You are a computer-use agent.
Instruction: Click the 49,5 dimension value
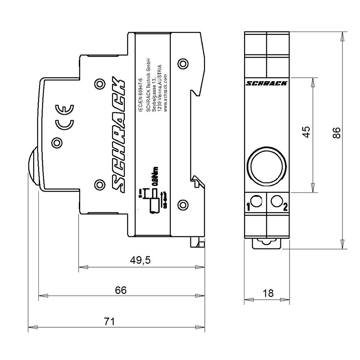140,260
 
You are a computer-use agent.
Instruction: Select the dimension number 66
120,290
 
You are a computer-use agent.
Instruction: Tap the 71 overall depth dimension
109,321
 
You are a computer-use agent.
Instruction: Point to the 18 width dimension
268,293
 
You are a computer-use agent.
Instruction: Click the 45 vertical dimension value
306,132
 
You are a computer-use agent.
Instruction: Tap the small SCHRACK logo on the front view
266,83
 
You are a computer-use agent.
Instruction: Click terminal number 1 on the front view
248,207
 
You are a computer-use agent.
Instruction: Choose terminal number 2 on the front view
285,207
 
